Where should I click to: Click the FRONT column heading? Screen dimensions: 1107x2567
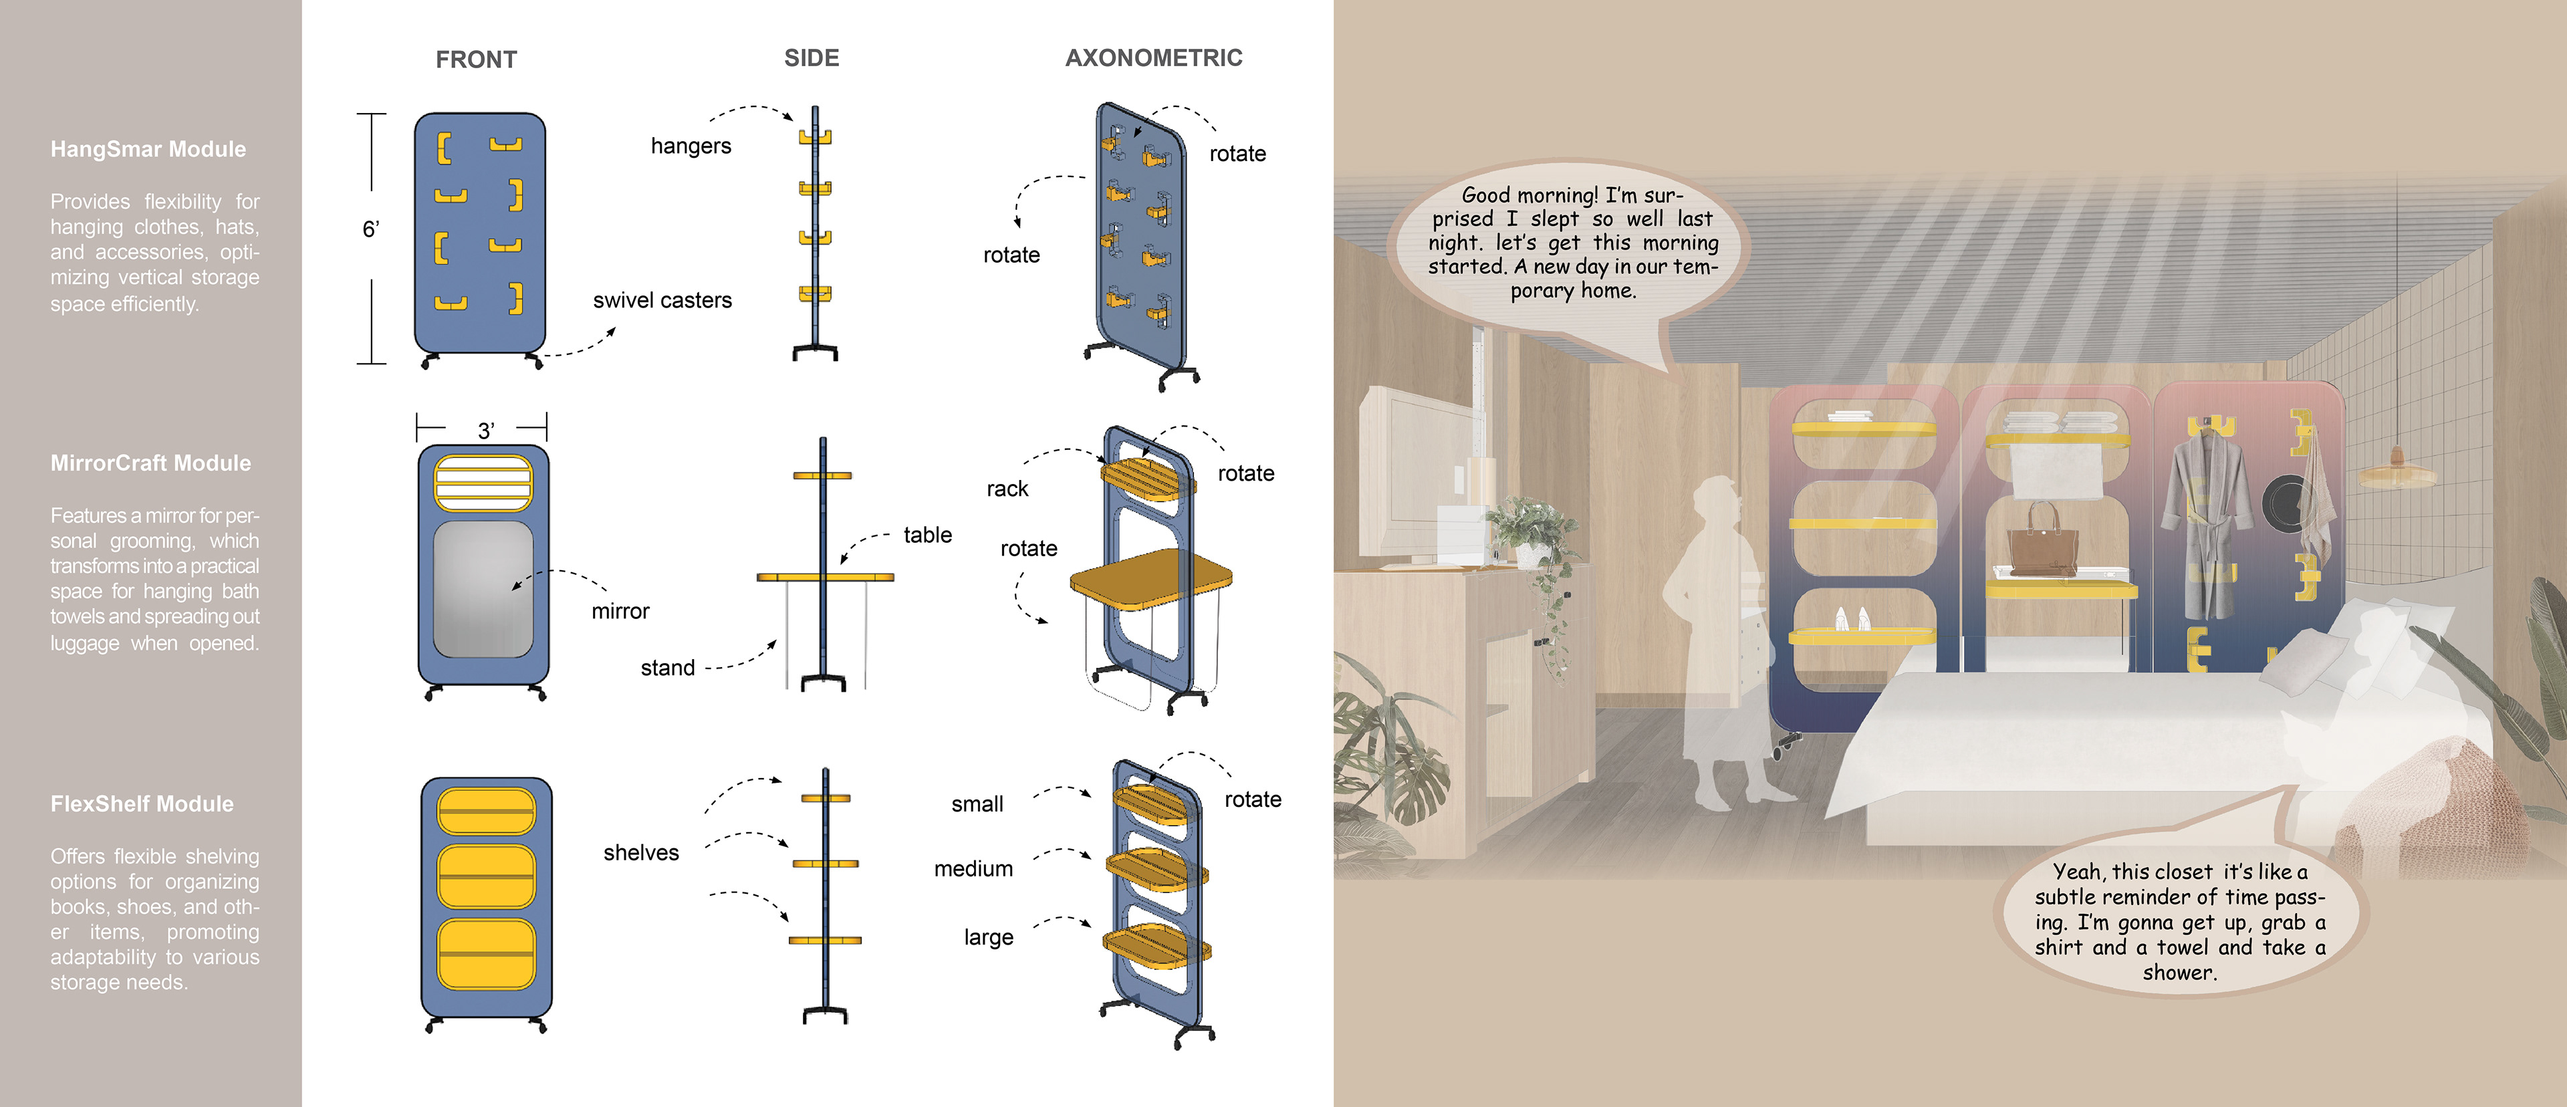coord(477,59)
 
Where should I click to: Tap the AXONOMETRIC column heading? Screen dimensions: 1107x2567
coord(1153,57)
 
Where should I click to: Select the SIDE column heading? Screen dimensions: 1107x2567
coord(811,57)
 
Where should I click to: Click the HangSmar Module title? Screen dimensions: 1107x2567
coord(148,150)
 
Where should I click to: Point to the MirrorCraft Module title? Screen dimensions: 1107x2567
coord(150,463)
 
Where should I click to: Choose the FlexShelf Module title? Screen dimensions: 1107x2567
coord(142,804)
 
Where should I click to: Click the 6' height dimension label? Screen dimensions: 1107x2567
coord(371,230)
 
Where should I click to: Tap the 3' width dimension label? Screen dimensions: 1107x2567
coord(485,431)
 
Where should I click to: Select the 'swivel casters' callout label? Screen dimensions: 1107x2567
coord(662,301)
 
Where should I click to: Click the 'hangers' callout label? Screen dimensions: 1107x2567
coord(691,146)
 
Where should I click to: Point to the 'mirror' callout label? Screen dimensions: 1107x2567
coord(620,612)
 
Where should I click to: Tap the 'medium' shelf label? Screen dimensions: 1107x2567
coord(973,869)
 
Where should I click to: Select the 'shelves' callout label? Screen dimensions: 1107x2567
coord(641,853)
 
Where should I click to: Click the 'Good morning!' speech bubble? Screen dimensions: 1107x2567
coord(1572,244)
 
